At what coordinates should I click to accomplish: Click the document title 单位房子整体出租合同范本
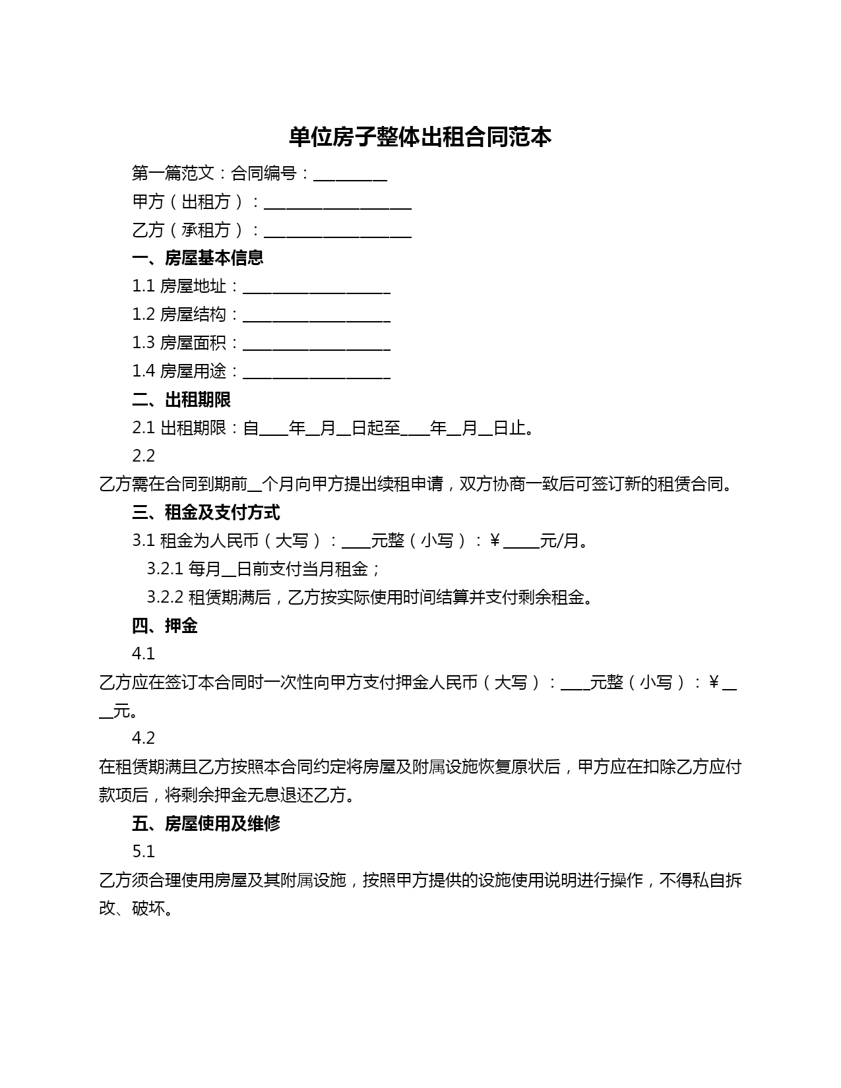420,137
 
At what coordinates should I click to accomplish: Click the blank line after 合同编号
350,175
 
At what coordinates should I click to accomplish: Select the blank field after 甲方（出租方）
337,204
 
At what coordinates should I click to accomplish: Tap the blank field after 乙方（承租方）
337,232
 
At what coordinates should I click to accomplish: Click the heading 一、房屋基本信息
197,258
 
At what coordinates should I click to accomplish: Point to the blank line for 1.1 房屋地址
317,288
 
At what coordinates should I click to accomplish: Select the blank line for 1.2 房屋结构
317,317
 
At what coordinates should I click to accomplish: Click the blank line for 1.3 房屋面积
317,345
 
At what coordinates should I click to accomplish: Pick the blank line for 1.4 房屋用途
317,373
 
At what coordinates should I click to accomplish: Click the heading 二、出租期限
181,400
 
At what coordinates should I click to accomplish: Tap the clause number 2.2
144,456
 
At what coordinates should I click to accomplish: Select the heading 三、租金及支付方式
206,512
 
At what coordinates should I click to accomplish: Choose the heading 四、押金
164,626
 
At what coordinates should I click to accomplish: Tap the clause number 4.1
144,653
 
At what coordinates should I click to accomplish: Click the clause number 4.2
144,738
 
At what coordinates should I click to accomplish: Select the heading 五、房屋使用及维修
206,824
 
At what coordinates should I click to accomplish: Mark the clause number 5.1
144,851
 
